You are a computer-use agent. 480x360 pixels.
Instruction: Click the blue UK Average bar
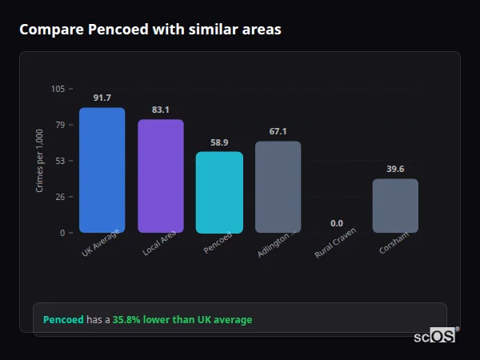tap(102, 170)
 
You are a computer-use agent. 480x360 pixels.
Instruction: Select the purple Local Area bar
tap(161, 176)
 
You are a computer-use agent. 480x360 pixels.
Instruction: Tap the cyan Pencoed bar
tap(219, 192)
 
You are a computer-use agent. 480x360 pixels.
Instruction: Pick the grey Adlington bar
tap(278, 187)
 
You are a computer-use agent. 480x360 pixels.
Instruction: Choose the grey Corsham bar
tap(395, 206)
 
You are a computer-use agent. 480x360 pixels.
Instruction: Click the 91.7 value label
tap(102, 98)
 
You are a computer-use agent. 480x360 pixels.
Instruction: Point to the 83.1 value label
tap(161, 110)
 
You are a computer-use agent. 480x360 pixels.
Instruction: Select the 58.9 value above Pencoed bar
tap(219, 142)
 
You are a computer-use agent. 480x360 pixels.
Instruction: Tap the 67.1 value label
tap(278, 131)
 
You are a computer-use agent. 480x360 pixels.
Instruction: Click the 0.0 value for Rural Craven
tap(337, 223)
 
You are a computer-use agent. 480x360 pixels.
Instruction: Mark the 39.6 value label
tap(395, 169)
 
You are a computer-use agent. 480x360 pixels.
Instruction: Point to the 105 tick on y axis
tap(58, 89)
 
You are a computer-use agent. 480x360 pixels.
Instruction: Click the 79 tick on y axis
tap(61, 125)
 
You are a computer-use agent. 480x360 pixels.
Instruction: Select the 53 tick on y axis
tap(61, 161)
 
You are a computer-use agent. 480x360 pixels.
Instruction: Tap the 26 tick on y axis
tap(61, 197)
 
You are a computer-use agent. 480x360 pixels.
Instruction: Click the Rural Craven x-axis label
tap(336, 242)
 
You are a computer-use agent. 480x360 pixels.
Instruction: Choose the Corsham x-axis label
tap(395, 242)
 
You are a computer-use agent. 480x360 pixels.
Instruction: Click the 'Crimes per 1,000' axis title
tap(40, 160)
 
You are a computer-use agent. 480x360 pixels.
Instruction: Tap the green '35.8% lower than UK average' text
tap(182, 320)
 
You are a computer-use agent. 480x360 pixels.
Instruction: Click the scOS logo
tap(434, 336)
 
